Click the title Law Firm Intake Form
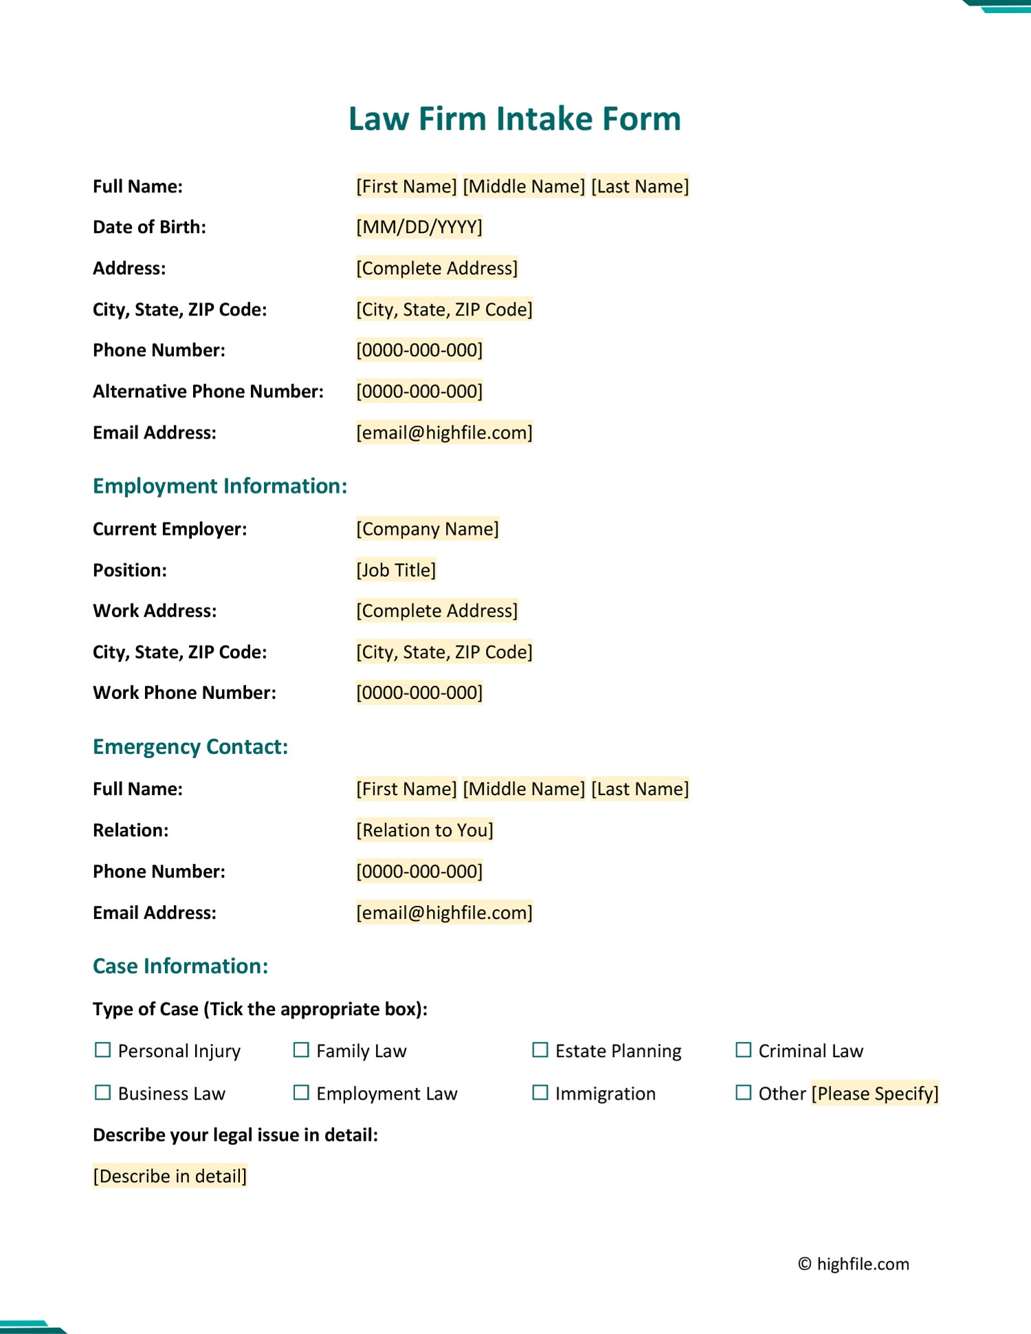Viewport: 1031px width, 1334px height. click(514, 119)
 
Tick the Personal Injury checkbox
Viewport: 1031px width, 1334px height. click(102, 1049)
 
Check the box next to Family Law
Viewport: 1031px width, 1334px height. click(301, 1049)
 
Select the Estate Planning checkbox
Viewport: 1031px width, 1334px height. click(540, 1049)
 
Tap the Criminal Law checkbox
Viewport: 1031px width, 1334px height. click(743, 1049)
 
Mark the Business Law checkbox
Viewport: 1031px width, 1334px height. click(102, 1092)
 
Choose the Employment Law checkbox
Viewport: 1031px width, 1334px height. click(301, 1092)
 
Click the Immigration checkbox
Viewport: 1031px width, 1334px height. click(540, 1092)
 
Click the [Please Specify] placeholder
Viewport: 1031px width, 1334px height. click(874, 1093)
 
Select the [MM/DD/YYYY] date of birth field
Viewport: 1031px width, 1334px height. click(419, 227)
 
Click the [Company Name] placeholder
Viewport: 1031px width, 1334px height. click(427, 529)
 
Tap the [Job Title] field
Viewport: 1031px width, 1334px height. click(396, 570)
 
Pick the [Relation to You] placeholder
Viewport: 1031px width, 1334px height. click(424, 830)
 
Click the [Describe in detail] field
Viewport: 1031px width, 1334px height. click(170, 1176)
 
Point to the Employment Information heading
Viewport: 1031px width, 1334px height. click(220, 486)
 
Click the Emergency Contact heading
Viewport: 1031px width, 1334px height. click(190, 746)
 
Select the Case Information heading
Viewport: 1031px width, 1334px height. click(180, 966)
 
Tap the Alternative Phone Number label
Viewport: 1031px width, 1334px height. click(208, 391)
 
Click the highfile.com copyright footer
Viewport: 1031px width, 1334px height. click(853, 1264)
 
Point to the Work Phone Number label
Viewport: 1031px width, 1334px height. click(184, 692)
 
